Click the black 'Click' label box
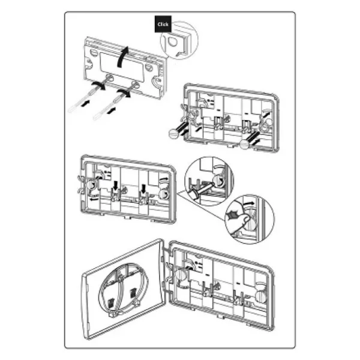[x=163, y=24]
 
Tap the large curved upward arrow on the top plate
[x=121, y=57]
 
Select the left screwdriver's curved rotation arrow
[x=99, y=85]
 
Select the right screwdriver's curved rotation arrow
[x=124, y=93]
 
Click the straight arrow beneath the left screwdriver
[x=85, y=103]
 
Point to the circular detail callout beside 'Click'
[x=179, y=40]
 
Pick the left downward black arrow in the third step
[x=115, y=185]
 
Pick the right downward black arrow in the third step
[x=143, y=188]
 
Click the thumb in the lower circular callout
[x=244, y=220]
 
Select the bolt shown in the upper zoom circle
[x=202, y=189]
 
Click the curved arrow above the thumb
[x=248, y=203]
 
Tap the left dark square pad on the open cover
[x=110, y=302]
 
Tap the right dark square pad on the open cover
[x=133, y=293]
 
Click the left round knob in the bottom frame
[x=182, y=274]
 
